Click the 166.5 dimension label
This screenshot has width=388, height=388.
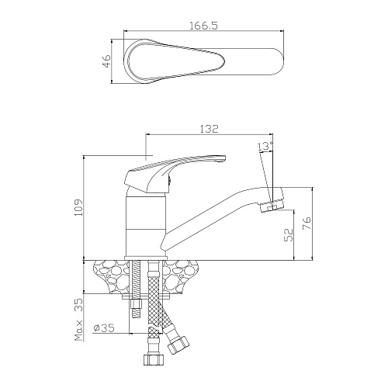tap(204, 26)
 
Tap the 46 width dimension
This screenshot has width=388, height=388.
tap(107, 61)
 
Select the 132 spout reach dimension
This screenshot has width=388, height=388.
tap(210, 129)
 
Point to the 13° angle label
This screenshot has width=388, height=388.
tap(265, 146)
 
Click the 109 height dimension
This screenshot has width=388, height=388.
tap(78, 207)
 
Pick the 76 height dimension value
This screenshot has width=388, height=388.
tap(307, 223)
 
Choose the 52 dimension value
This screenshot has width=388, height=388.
tap(289, 235)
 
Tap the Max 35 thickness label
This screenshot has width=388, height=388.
tap(78, 320)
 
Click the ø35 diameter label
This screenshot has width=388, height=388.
tap(104, 328)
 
